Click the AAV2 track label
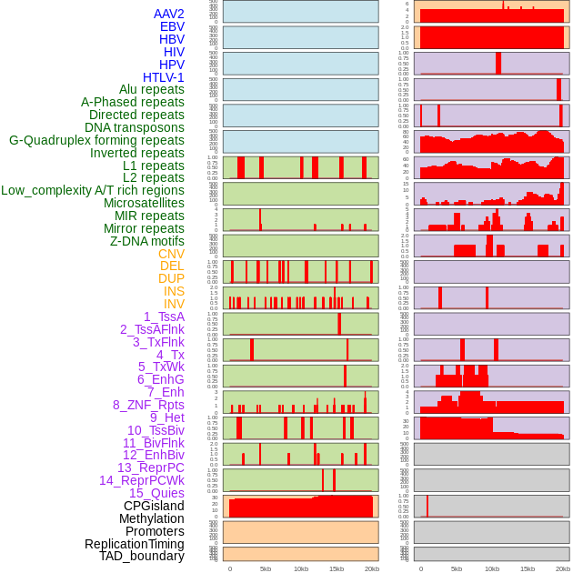pyautogui.click(x=169, y=14)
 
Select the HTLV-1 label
pyautogui.click(x=163, y=77)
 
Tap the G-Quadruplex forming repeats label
pyautogui.click(x=96, y=140)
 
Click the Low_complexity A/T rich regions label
pyautogui.click(x=92, y=190)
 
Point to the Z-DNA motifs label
pyautogui.click(x=146, y=241)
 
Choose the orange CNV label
pyautogui.click(x=171, y=254)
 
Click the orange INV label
pyautogui.click(x=174, y=304)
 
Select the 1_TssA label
pyautogui.click(x=164, y=317)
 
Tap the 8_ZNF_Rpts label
pyautogui.click(x=148, y=405)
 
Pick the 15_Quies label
pyautogui.click(x=156, y=493)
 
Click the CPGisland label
pyautogui.click(x=154, y=506)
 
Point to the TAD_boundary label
pyautogui.click(x=142, y=556)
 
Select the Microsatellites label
pyautogui.click(x=144, y=203)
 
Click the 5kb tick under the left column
pyautogui.click(x=266, y=568)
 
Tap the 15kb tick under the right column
pyautogui.click(x=528, y=568)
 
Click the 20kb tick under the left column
pyautogui.click(x=372, y=568)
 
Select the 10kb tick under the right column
pyautogui.click(x=492, y=568)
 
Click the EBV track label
pyautogui.click(x=172, y=26)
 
